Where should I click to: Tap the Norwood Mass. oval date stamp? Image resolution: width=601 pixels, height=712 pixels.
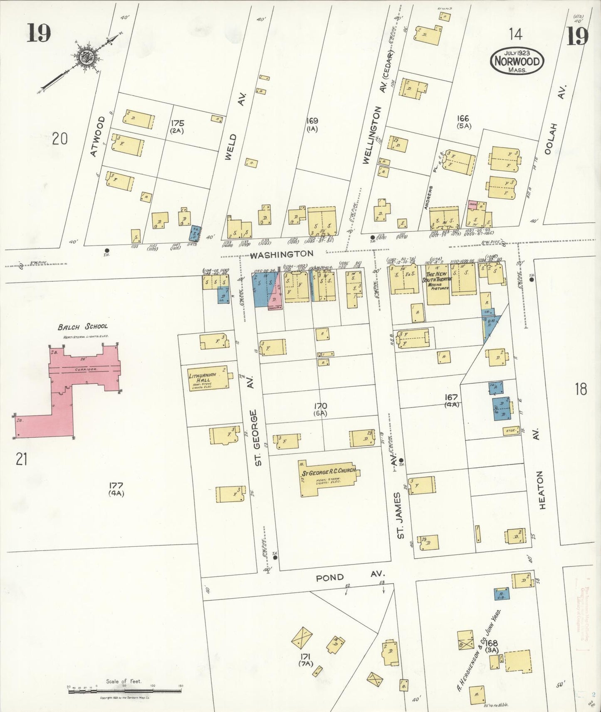517,61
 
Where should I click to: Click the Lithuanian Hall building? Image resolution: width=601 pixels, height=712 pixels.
208,378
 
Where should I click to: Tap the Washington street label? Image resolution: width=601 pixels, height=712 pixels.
282,254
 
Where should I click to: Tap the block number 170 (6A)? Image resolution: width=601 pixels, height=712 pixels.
321,409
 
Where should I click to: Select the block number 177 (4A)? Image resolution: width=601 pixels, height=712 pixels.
116,489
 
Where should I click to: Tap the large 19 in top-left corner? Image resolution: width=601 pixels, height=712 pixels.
39,33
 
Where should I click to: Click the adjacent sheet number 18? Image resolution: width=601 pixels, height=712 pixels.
581,389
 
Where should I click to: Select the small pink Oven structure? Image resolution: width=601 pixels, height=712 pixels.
472,204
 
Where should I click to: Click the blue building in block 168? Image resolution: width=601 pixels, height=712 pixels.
502,594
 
